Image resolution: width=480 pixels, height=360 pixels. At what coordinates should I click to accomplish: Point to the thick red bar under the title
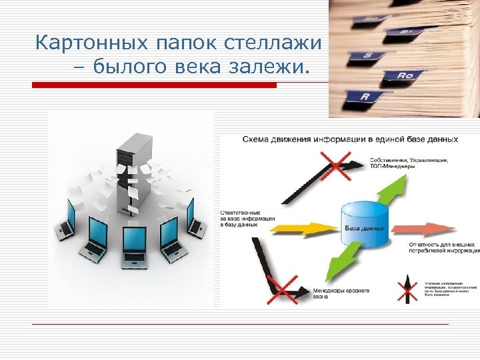155,85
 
